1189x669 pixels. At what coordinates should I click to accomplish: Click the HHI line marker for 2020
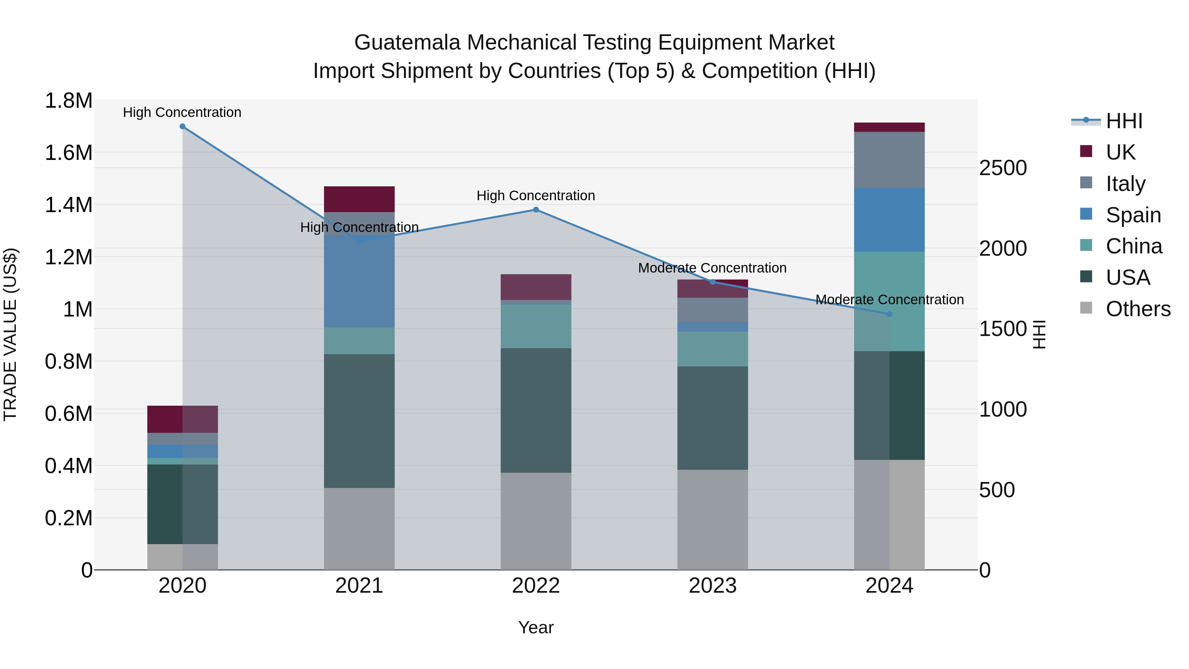coord(182,127)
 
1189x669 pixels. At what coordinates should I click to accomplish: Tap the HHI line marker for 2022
coord(536,209)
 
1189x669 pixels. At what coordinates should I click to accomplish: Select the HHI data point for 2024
coord(889,314)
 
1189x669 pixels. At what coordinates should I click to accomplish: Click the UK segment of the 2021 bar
coord(359,199)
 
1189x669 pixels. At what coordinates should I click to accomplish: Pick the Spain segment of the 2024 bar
coord(889,220)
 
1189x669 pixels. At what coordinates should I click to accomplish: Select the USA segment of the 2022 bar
coord(536,410)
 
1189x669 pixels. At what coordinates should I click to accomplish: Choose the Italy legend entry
coord(1125,184)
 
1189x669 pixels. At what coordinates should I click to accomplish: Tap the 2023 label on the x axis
coord(713,586)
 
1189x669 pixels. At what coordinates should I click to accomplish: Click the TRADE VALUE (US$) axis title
coord(11,334)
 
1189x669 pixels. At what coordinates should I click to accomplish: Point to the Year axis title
coord(536,627)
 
